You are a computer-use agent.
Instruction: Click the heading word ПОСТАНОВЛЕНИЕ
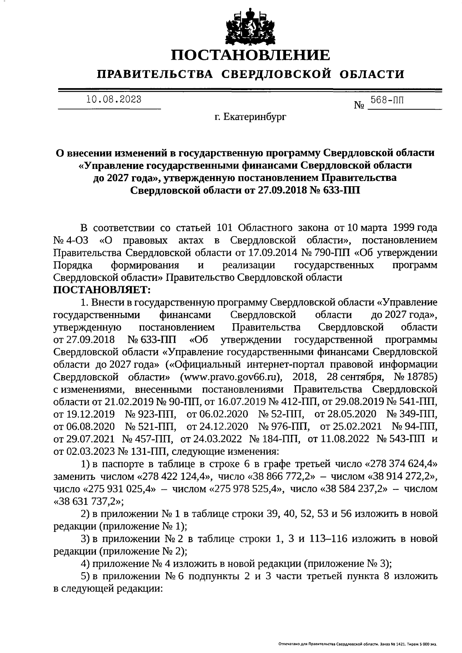(250, 55)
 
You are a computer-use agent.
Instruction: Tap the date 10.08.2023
(114, 99)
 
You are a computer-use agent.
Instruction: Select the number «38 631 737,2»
(89, 501)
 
